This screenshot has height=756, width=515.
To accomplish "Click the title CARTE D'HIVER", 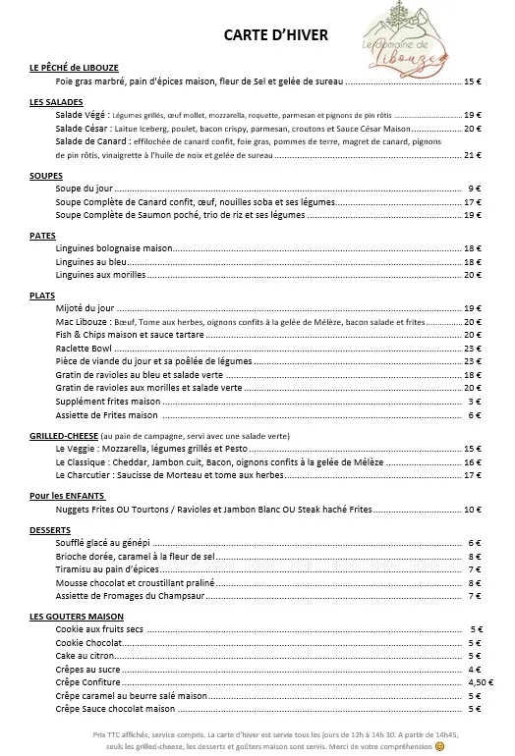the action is click(275, 35).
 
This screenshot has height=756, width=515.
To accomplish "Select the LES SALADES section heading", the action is click(56, 102).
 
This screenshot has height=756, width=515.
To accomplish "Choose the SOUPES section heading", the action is click(46, 175).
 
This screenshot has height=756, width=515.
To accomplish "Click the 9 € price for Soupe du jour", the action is click(474, 188).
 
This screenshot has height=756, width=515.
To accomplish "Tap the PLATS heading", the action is click(42, 295).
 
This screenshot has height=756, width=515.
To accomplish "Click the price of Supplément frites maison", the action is click(474, 401).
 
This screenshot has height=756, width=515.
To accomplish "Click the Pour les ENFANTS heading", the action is click(67, 496).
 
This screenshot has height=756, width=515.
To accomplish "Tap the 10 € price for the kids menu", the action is click(472, 510).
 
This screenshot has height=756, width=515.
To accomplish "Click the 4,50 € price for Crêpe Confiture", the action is click(480, 681).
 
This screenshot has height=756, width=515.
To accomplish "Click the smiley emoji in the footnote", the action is click(440, 746).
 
